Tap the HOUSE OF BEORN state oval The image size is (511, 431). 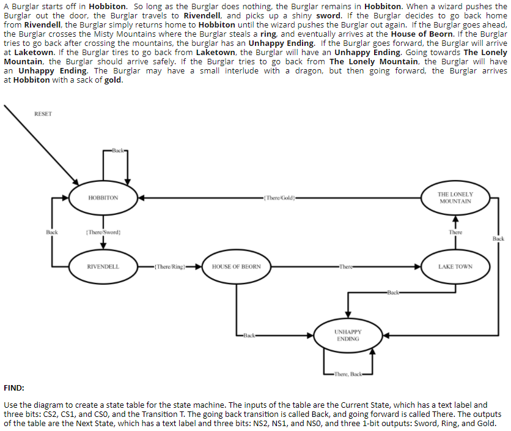[x=236, y=267]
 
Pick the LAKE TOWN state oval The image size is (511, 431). [x=455, y=267]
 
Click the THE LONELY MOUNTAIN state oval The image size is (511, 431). [x=455, y=198]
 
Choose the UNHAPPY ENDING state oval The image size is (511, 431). [x=347, y=335]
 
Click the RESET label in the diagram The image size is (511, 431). [x=43, y=114]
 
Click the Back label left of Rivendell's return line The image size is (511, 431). [x=52, y=233]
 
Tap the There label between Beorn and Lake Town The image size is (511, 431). [x=347, y=267]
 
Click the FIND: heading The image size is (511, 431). [x=14, y=388]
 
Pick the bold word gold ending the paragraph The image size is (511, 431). [x=113, y=80]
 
